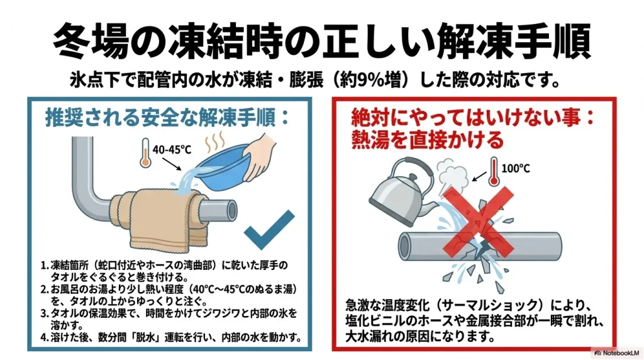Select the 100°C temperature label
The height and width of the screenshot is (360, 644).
point(516,169)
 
